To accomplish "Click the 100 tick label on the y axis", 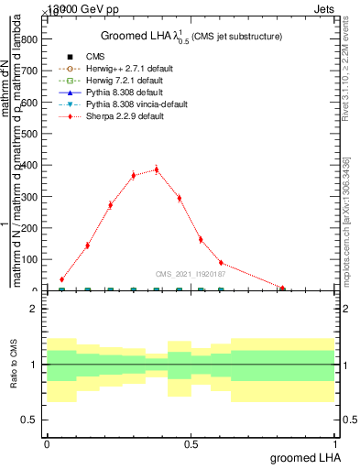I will [30, 259].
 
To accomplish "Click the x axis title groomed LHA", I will [302, 458].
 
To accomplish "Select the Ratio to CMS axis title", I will [14, 365].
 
